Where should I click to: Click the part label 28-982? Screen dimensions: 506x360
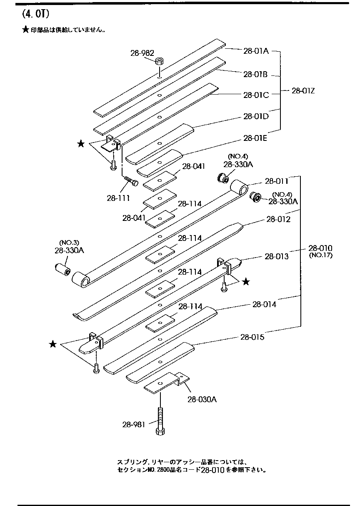(142, 53)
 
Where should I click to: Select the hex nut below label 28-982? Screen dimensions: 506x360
(160, 61)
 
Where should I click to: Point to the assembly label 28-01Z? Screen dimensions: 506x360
(303, 90)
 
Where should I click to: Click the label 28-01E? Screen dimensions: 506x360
(256, 138)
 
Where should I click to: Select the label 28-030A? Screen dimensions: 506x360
(202, 400)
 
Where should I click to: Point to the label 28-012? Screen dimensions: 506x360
(278, 219)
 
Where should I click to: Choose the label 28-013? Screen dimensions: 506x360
(276, 256)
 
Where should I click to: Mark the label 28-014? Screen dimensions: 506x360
(264, 305)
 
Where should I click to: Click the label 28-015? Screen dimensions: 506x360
(252, 337)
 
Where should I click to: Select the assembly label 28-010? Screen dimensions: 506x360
(320, 248)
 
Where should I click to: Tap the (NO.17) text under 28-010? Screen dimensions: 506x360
(320, 256)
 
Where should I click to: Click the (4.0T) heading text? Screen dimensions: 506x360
(35, 14)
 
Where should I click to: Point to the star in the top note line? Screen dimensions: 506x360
(25, 30)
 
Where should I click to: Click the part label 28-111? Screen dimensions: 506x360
(118, 198)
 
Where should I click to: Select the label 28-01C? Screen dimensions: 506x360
(256, 95)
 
